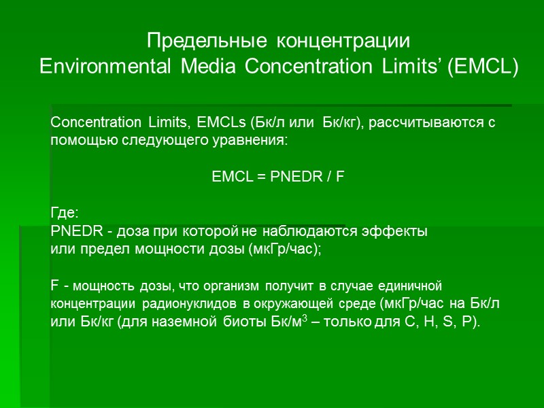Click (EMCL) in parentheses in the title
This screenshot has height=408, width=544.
(x=482, y=67)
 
